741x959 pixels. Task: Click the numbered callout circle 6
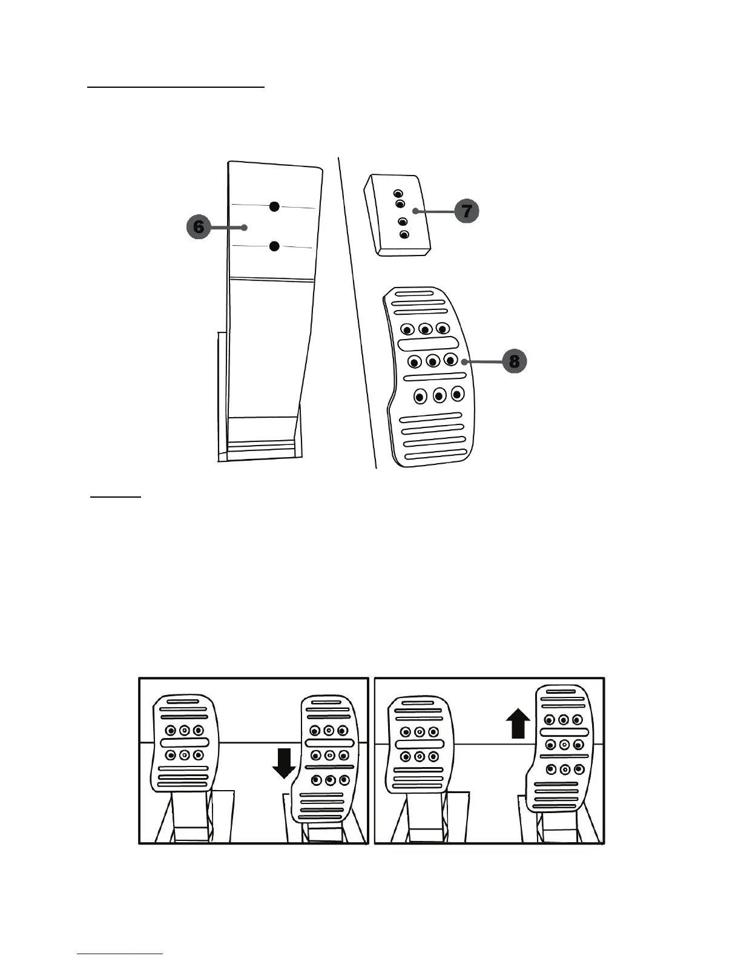coord(198,227)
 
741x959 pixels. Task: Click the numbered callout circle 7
coord(466,211)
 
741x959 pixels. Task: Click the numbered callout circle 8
coord(514,361)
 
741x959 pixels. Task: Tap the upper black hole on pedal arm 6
coord(274,206)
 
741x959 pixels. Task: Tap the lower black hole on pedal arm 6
coord(274,246)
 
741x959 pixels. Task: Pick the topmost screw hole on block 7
coord(398,193)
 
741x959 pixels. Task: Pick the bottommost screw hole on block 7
coord(405,234)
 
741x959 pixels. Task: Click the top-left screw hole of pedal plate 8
coord(407,329)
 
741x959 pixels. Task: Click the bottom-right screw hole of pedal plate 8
coord(457,395)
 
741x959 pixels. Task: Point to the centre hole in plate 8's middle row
coord(433,361)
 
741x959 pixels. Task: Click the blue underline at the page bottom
coord(120,954)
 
